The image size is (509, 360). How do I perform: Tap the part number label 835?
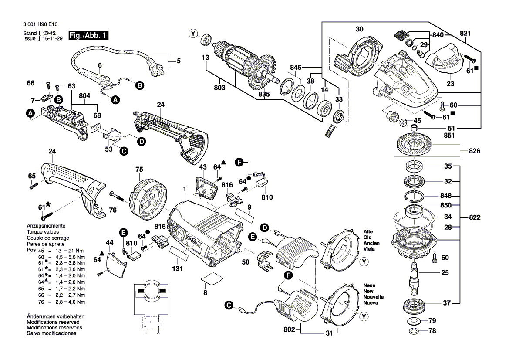tap(263, 94)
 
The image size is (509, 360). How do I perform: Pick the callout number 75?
tap(139, 169)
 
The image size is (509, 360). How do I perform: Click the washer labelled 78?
tap(412, 331)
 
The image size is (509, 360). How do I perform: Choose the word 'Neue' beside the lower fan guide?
tap(369, 285)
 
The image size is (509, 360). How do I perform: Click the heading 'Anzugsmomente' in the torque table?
tap(46, 226)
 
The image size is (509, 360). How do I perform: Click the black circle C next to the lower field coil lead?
tap(228, 306)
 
